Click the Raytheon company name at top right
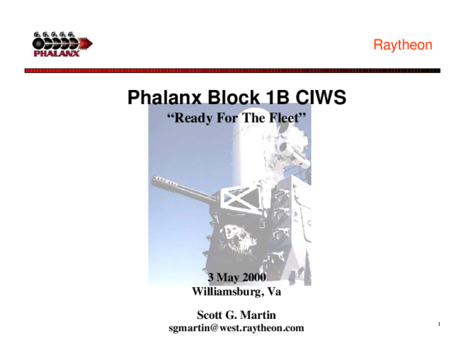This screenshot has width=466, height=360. (402, 45)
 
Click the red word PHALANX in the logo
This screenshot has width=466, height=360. (56, 54)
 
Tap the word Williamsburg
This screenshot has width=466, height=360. (224, 292)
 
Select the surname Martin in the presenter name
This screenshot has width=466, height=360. (258, 314)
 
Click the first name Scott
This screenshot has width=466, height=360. (213, 314)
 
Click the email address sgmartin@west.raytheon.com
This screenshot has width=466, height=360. (236, 328)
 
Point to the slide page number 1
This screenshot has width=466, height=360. (439, 324)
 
